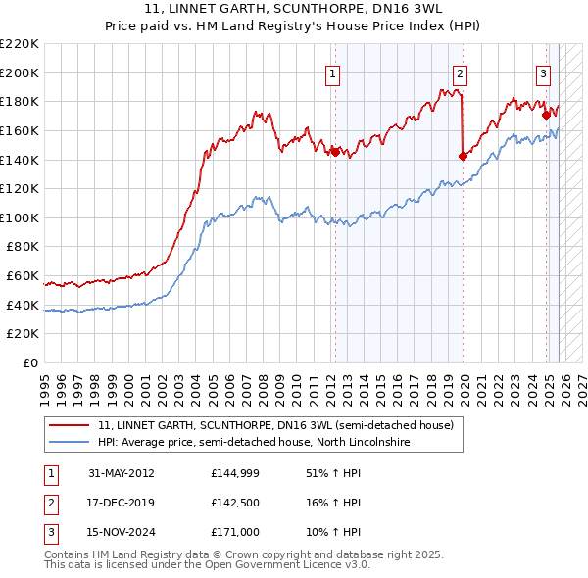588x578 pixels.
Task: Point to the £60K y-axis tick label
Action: click(x=23, y=276)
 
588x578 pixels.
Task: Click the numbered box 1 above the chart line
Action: click(x=333, y=72)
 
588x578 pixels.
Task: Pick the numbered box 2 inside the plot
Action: click(x=460, y=72)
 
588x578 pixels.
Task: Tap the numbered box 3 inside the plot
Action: click(x=543, y=72)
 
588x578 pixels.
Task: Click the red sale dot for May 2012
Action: click(x=334, y=152)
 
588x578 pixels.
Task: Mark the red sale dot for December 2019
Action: click(x=463, y=155)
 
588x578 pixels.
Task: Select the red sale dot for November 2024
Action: click(x=546, y=114)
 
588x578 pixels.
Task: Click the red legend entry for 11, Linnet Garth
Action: click(x=275, y=426)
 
